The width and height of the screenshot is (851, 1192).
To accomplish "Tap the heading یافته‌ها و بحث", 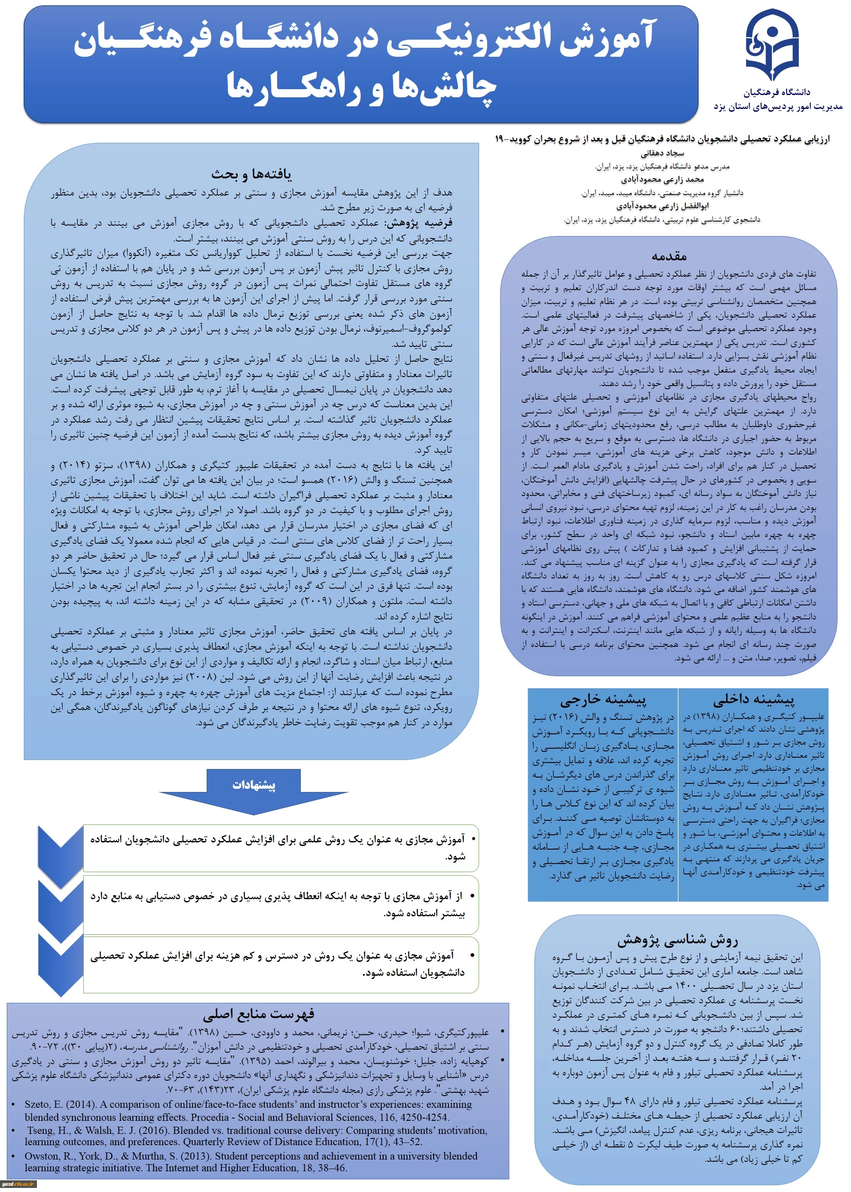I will click(x=252, y=174).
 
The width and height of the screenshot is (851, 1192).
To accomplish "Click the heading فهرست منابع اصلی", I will click(x=258, y=1013).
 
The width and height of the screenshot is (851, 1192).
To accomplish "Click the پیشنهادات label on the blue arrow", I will click(x=253, y=785).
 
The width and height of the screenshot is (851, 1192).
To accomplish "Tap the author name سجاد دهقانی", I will click(x=662, y=154).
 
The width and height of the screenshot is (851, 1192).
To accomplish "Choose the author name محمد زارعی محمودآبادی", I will click(x=662, y=180).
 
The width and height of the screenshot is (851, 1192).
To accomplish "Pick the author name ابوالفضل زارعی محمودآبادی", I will click(x=662, y=206).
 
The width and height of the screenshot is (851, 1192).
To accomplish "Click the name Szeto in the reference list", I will click(x=38, y=1105).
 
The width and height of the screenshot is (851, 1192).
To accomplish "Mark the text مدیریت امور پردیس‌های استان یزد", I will click(x=778, y=107).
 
